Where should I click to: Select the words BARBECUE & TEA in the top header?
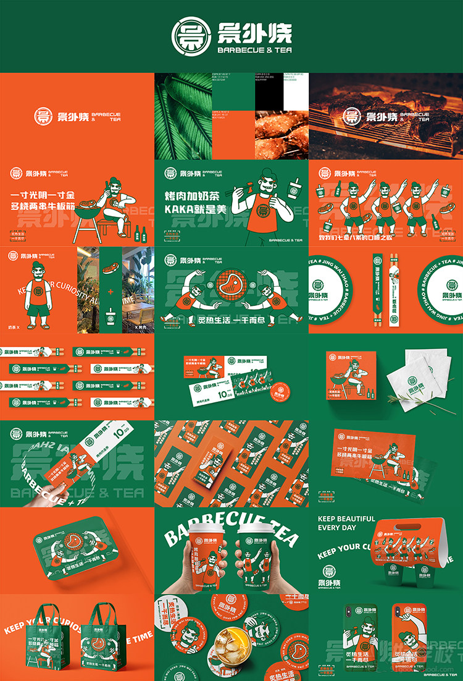255,49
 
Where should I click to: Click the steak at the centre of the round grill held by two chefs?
230,287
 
